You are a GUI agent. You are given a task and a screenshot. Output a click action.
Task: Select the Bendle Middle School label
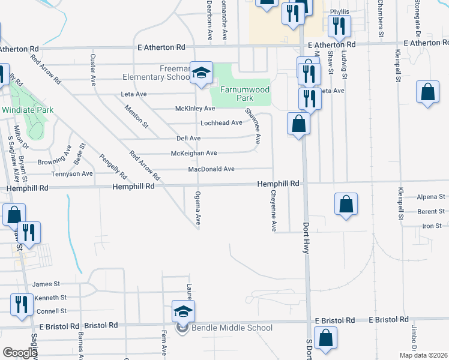232,328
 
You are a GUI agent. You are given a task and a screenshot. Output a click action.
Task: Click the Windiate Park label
28,110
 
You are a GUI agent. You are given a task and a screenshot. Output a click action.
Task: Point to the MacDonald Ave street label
211,169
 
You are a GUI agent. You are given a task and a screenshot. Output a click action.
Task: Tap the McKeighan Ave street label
194,154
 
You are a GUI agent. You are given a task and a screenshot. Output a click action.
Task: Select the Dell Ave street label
188,139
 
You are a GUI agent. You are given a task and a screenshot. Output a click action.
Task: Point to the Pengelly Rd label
113,167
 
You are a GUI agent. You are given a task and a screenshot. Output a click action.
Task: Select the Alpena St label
432,196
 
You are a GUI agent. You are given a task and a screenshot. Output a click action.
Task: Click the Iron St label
432,226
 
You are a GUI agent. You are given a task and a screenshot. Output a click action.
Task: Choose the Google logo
20,353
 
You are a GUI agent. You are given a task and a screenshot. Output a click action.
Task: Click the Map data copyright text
423,355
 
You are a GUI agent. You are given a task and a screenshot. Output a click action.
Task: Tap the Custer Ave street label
93,69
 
